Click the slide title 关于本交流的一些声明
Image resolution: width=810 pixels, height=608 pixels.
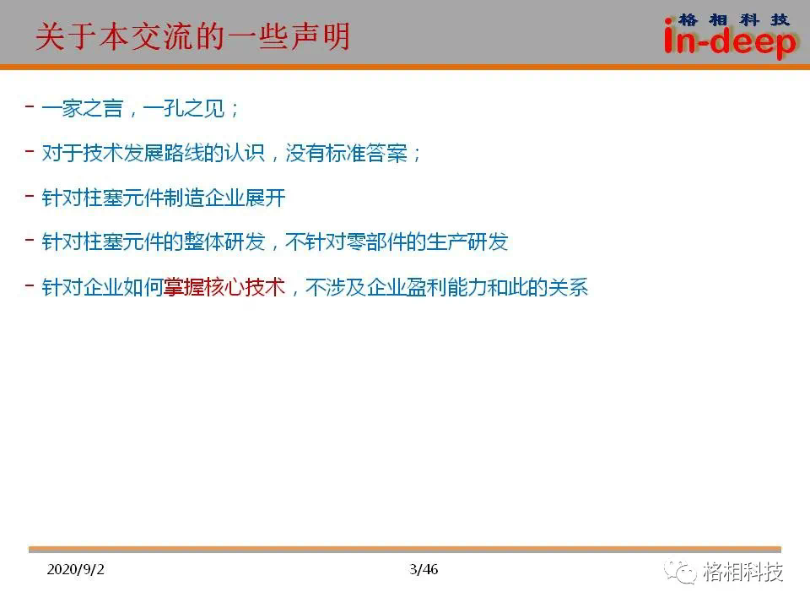(x=193, y=36)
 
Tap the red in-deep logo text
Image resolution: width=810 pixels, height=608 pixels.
(x=730, y=41)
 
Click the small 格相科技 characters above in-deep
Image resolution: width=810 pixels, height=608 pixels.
(x=734, y=19)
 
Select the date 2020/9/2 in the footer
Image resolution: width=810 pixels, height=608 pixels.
(x=75, y=569)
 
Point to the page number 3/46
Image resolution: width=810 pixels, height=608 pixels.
(x=424, y=569)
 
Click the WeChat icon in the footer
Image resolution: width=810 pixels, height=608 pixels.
(x=680, y=572)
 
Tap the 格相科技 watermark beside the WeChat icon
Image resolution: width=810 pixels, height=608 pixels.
(x=742, y=572)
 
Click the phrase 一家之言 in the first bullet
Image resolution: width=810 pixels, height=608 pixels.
(x=82, y=108)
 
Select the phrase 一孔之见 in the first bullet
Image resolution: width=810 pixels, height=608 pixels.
(x=184, y=108)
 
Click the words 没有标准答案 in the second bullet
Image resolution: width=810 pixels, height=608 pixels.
(x=347, y=153)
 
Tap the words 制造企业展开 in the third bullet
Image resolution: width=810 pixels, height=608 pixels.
(x=224, y=198)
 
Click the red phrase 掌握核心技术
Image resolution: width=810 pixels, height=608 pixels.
(x=224, y=287)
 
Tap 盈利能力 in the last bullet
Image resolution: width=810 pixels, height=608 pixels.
(x=447, y=287)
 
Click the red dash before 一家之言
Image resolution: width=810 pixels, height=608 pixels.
(x=30, y=106)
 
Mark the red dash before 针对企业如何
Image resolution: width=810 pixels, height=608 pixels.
(x=30, y=285)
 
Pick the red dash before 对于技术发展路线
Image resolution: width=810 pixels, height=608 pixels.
(x=30, y=151)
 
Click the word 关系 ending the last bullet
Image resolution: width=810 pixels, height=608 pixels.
(x=569, y=287)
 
